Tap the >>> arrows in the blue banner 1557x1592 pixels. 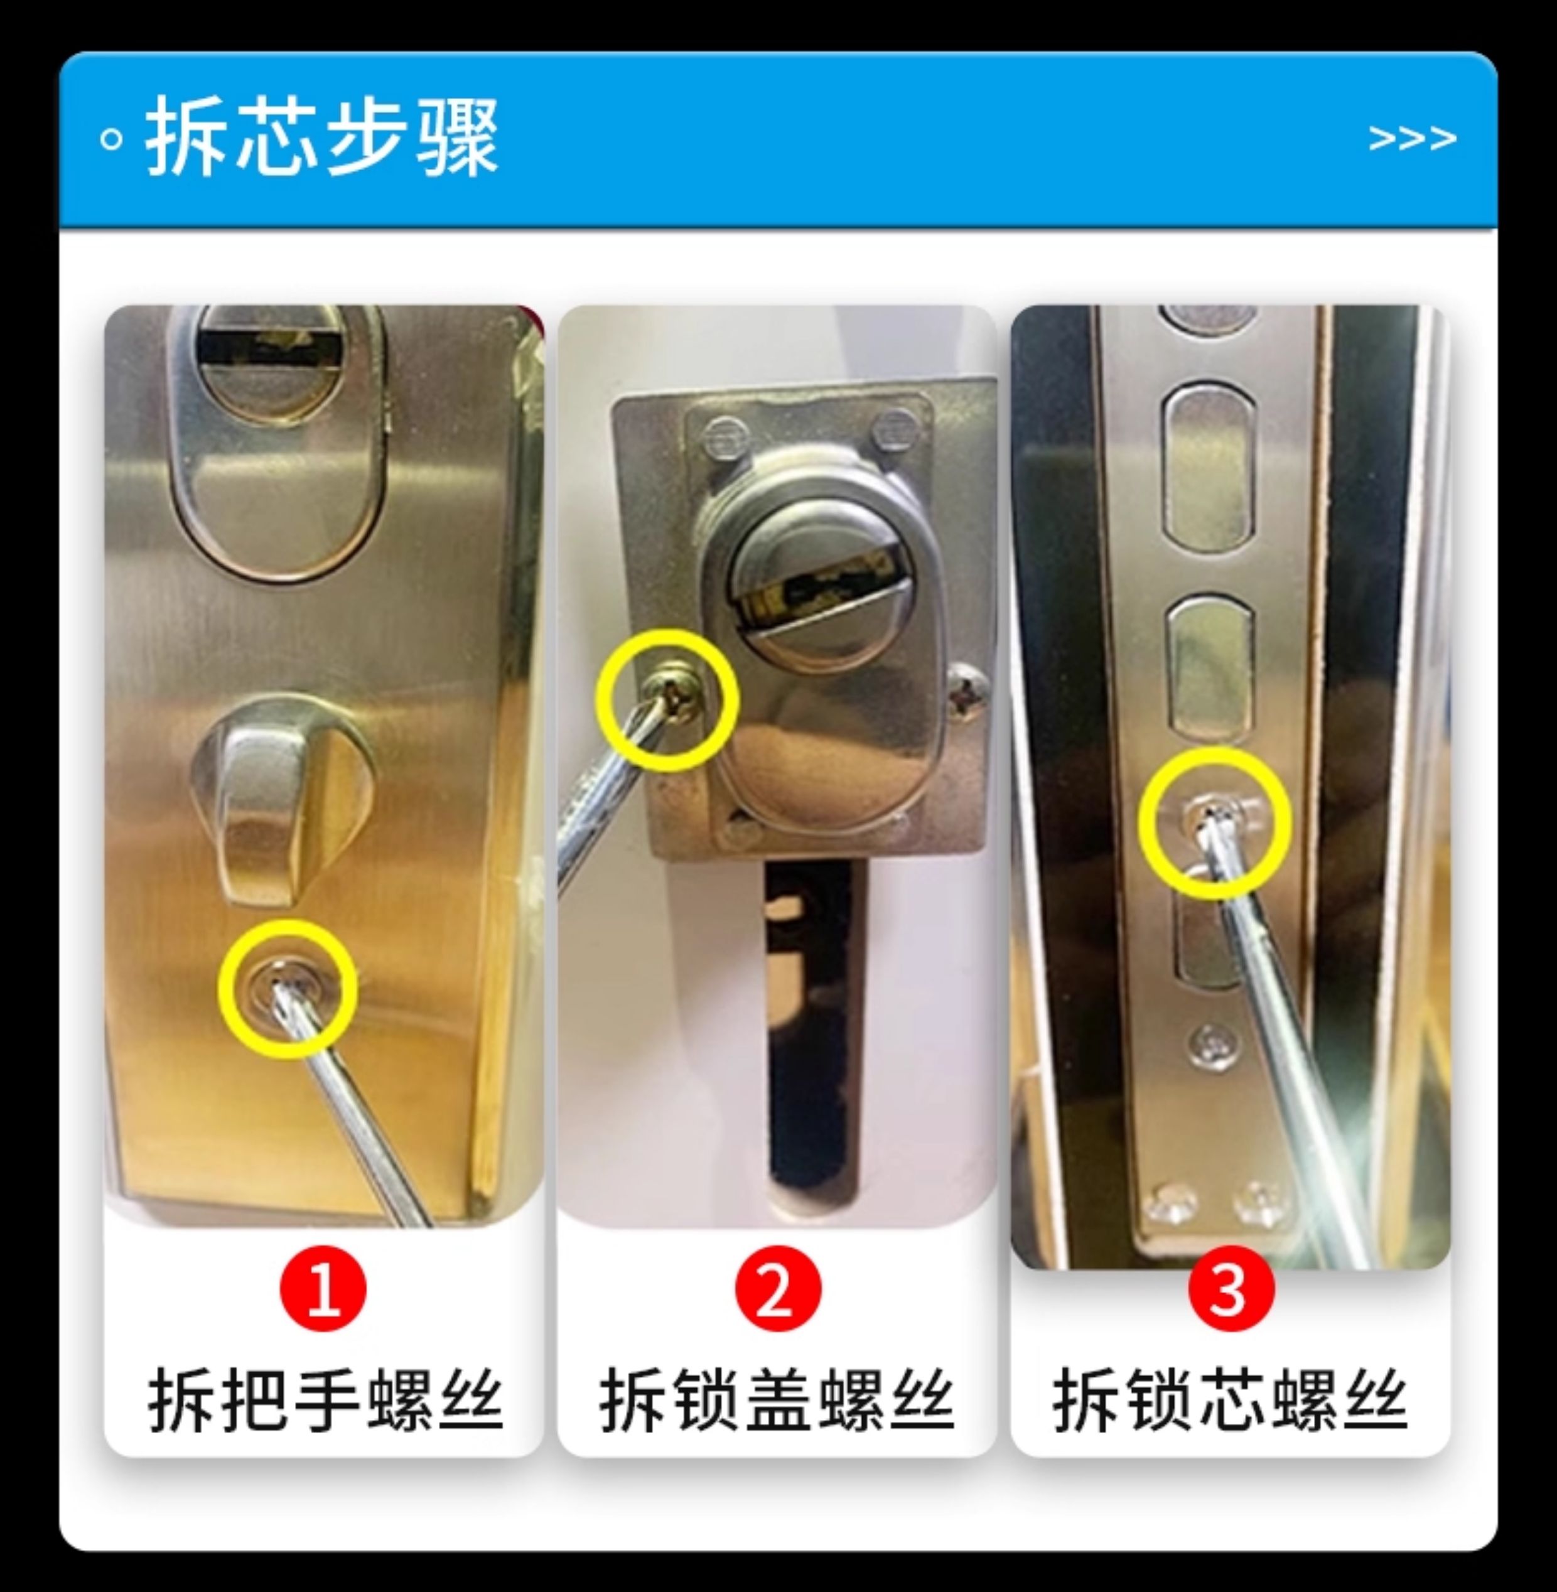click(1412, 138)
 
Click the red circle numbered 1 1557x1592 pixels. click(324, 1289)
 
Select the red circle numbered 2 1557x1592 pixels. click(778, 1289)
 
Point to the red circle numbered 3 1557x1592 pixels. click(1231, 1289)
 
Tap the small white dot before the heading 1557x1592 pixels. click(111, 139)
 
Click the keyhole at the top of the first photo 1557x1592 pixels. click(271, 348)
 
